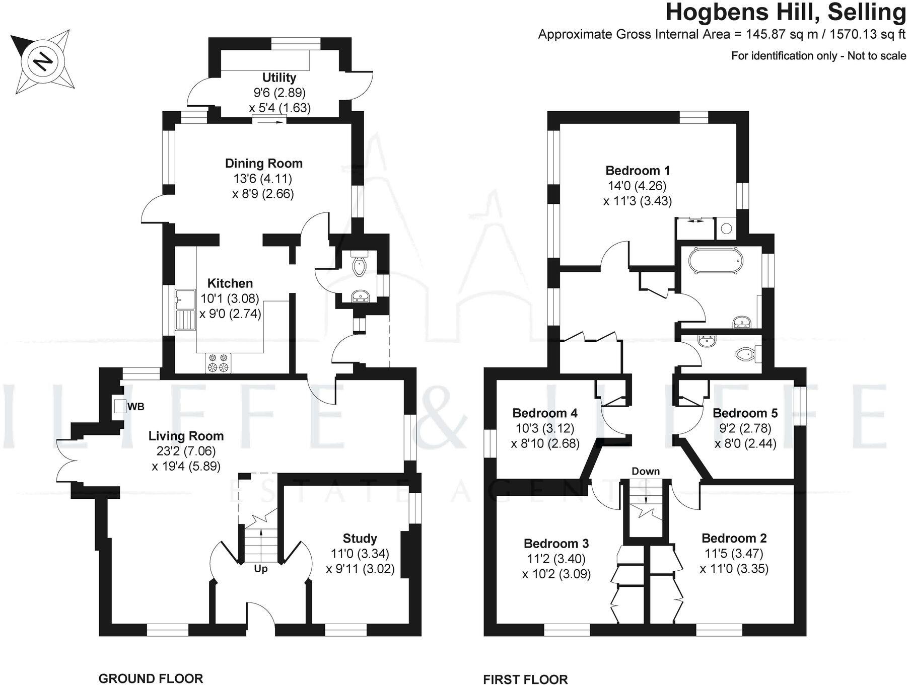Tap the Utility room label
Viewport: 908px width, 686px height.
pyautogui.click(x=279, y=78)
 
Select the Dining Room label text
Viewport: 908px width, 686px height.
pyautogui.click(x=263, y=164)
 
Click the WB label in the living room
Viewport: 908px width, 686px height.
pyautogui.click(x=136, y=407)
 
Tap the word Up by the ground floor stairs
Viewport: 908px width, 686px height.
pyautogui.click(x=260, y=569)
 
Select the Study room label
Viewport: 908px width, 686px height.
pyautogui.click(x=360, y=539)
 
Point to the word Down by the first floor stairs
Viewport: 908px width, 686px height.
pyautogui.click(x=645, y=472)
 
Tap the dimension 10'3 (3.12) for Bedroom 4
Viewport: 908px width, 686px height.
pyautogui.click(x=545, y=428)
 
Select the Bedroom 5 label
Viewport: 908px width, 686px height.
pyautogui.click(x=745, y=413)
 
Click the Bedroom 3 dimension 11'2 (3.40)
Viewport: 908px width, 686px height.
pyautogui.click(x=556, y=559)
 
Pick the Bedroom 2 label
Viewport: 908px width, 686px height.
pyautogui.click(x=734, y=538)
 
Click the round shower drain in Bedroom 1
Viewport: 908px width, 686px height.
pyautogui.click(x=726, y=228)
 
